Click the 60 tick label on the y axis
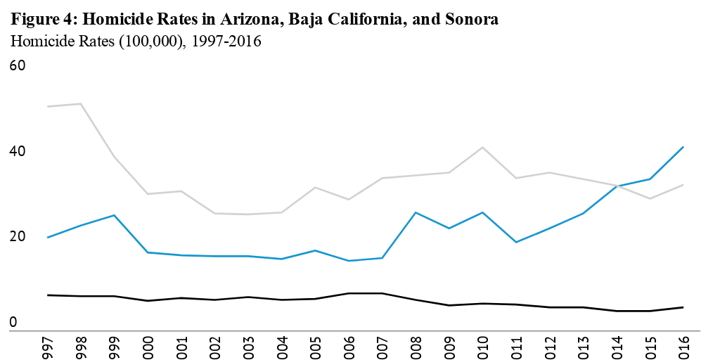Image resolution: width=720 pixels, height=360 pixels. click(18, 65)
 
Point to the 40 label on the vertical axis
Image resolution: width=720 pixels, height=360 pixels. click(18, 151)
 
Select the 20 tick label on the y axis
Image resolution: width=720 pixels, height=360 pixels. click(18, 236)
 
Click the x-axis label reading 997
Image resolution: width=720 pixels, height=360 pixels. click(47, 346)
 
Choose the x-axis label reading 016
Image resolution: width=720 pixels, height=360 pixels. click(683, 346)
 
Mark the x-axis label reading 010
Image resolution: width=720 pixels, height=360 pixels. click(482, 346)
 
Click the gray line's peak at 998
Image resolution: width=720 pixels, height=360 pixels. click(81, 103)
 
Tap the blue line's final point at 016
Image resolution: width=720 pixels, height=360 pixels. click(683, 147)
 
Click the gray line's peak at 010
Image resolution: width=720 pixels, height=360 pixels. click(482, 147)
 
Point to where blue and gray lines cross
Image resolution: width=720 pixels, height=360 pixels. click(617, 186)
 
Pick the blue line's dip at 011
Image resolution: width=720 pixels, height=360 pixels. click(516, 242)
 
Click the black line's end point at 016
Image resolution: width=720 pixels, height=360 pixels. click(683, 307)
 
